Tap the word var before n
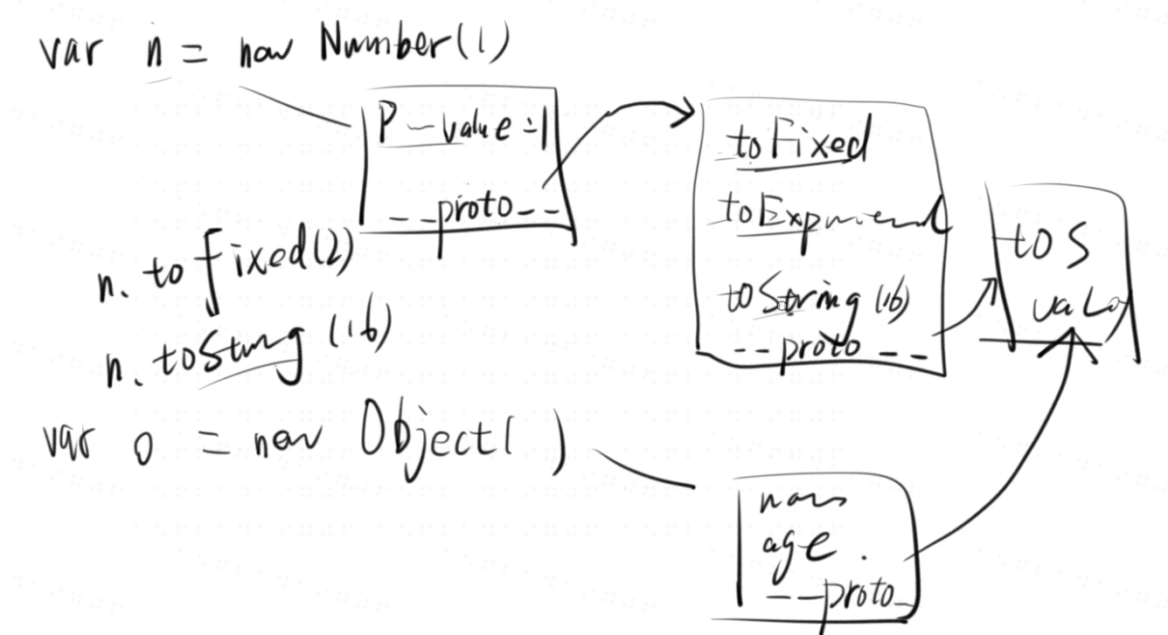[x=71, y=52]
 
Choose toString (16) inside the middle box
[x=813, y=299]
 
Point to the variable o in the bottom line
[x=142, y=449]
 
